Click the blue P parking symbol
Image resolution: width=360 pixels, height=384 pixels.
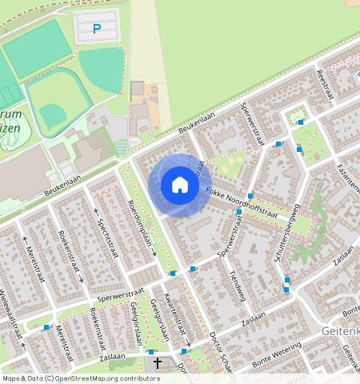pos(97,29)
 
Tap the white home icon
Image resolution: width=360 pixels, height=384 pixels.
pos(180,186)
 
